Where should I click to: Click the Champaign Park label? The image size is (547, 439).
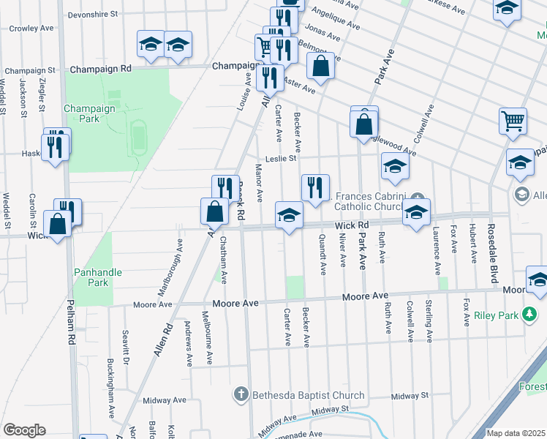[89, 113]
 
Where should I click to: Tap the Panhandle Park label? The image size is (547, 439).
[97, 277]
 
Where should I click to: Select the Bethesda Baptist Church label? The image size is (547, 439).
[308, 396]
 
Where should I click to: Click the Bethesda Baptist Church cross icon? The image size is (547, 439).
[241, 396]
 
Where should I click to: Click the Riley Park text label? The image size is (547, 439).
[495, 315]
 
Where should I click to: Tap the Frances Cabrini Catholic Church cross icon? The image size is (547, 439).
[417, 198]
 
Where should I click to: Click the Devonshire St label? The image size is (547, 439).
[92, 14]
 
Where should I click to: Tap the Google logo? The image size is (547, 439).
[23, 430]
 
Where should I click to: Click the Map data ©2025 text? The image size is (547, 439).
[516, 433]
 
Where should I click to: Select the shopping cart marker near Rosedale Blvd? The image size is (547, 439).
[513, 121]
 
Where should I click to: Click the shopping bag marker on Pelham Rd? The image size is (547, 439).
[57, 225]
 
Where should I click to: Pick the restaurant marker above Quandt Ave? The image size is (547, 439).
[315, 187]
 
